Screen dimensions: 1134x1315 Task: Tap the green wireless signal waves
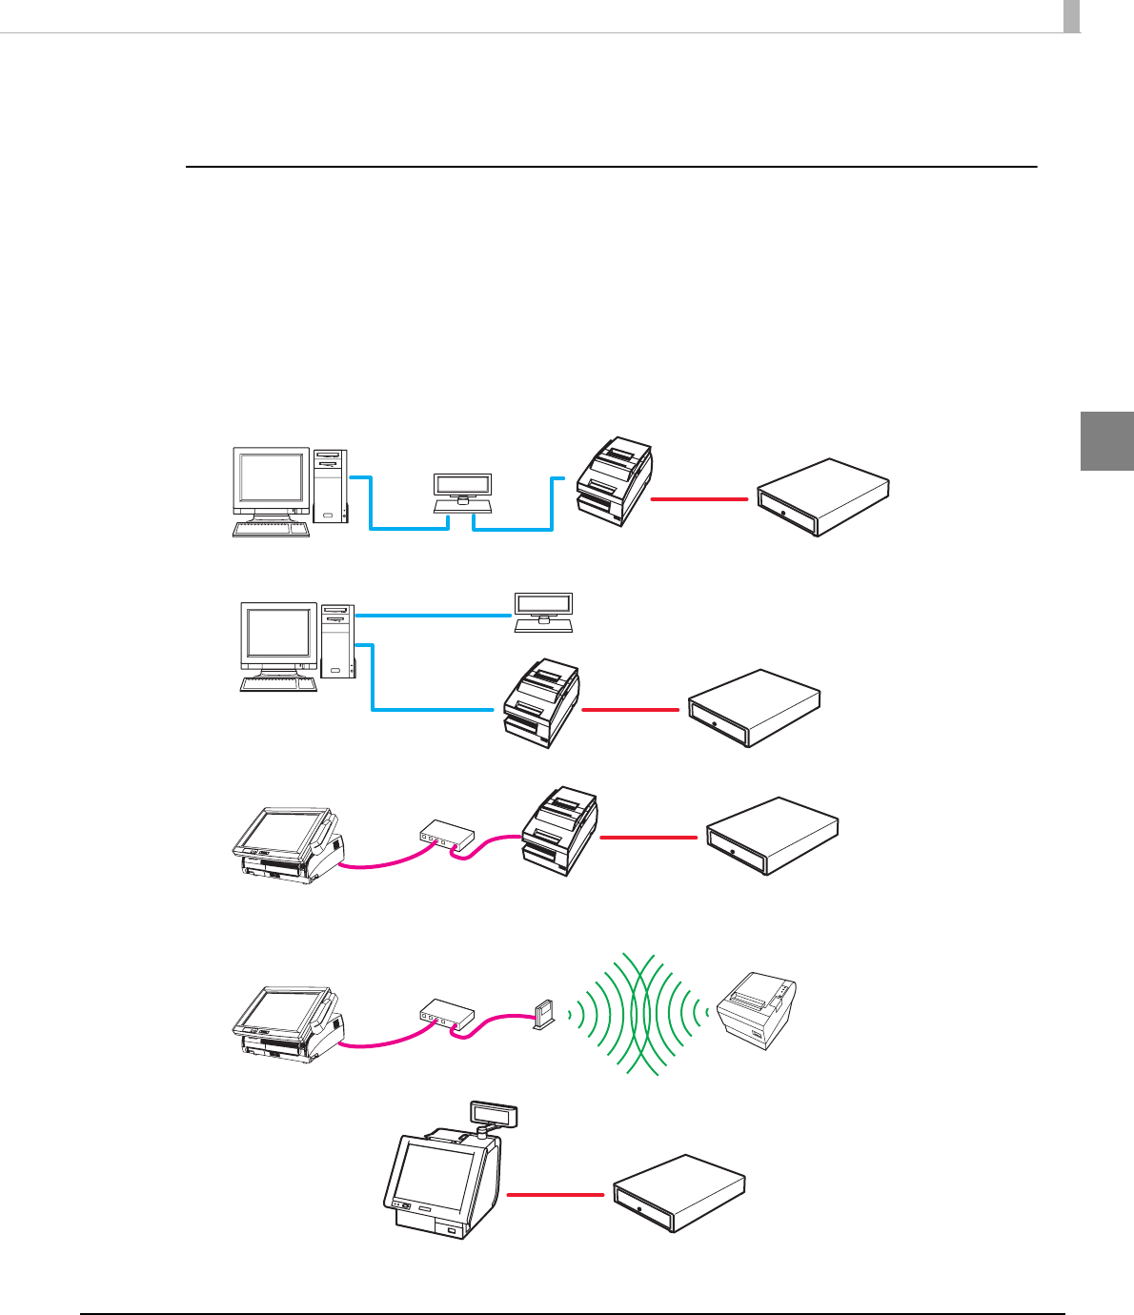point(637,1016)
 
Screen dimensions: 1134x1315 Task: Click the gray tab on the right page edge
point(1106,441)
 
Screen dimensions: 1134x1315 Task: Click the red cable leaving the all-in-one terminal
point(556,1194)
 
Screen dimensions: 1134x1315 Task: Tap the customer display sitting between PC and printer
point(462,488)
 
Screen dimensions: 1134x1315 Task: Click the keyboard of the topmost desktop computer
point(272,529)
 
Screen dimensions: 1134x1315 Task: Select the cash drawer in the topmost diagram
point(822,497)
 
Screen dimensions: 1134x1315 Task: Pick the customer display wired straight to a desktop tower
point(543,611)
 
